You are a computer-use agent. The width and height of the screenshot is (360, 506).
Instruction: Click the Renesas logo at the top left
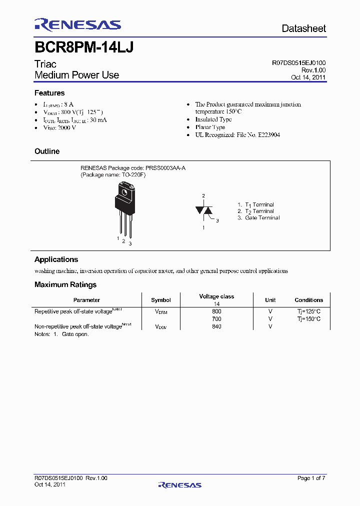[x=77, y=25]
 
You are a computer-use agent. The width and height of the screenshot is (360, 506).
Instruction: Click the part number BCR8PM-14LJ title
[x=83, y=47]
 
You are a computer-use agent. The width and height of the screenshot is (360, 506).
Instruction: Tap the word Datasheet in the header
[x=303, y=28]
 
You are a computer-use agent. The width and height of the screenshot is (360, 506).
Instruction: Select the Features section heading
[x=49, y=93]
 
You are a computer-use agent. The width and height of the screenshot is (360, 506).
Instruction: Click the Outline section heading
[x=47, y=151]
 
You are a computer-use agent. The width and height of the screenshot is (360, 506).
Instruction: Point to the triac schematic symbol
[x=204, y=210]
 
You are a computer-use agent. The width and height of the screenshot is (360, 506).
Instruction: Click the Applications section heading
[x=56, y=259]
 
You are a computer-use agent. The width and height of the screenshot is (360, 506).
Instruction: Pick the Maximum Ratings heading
[x=65, y=284]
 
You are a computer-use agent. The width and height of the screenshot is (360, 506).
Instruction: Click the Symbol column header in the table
[x=160, y=300]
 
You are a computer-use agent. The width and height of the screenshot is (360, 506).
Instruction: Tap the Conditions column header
[x=308, y=300]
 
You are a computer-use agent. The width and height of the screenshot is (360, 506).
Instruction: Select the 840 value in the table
[x=216, y=326]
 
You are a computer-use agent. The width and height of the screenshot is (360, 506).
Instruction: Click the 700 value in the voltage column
[x=216, y=318]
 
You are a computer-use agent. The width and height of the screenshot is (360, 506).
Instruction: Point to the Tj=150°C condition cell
[x=308, y=318]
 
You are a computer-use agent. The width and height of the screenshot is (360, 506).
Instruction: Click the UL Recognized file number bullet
[x=237, y=135]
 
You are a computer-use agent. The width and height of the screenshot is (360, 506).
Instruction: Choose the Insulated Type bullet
[x=213, y=119]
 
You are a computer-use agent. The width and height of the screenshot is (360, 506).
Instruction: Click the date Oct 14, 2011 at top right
[x=308, y=77]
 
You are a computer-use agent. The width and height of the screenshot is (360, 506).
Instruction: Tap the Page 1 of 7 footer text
[x=311, y=478]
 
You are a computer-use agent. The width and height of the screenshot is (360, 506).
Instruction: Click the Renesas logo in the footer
[x=179, y=484]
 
